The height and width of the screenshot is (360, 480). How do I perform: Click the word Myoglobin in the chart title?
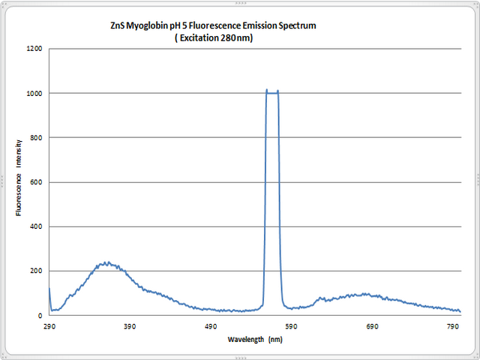148,25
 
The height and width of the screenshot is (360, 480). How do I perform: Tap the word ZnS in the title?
118,25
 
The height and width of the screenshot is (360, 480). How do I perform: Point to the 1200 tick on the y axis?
34,49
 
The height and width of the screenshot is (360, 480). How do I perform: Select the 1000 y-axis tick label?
34,94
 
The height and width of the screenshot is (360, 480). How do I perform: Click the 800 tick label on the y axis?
37,138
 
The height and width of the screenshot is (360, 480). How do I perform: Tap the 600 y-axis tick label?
37,182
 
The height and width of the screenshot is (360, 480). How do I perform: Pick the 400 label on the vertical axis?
37,226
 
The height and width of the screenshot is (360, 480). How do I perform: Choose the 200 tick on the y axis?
37,271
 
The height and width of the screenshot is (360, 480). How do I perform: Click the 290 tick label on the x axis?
49,327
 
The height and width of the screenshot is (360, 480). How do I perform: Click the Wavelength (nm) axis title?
255,340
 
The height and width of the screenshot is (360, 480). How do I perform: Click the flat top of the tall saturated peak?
272,91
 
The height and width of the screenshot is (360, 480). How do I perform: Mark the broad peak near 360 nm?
107,263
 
